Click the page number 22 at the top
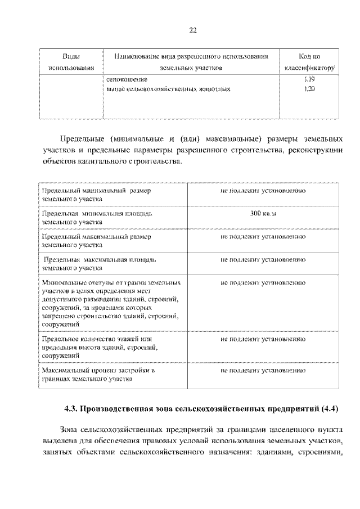tap(192, 30)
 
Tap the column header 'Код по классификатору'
tap(309, 62)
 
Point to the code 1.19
tap(308, 79)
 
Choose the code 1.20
tap(308, 89)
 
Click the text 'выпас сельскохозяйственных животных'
tap(168, 89)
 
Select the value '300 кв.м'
tap(263, 214)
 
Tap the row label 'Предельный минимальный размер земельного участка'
tap(96, 195)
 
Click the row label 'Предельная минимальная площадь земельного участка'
tap(96, 218)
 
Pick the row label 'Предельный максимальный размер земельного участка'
tap(96, 241)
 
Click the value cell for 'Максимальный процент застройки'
tap(263, 371)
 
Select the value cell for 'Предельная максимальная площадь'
tap(263, 260)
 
